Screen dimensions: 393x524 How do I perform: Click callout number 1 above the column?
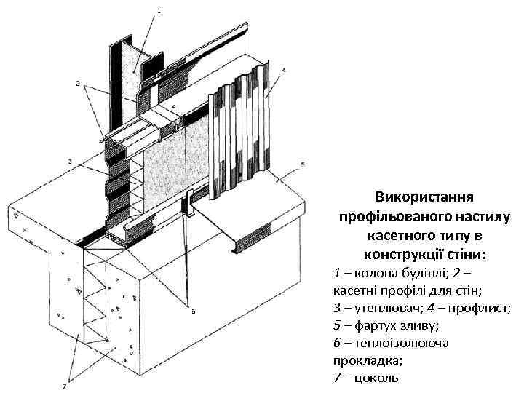[159, 11]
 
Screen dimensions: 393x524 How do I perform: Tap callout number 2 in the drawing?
[79, 84]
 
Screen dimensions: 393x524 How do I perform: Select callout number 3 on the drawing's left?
[69, 161]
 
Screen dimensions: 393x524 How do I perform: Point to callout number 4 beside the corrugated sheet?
[283, 71]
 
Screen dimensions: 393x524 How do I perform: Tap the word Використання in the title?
[425, 198]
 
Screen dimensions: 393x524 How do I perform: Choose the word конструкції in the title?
[402, 255]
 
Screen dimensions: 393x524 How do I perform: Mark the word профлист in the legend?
[485, 309]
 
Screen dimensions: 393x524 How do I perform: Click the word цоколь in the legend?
[377, 378]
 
